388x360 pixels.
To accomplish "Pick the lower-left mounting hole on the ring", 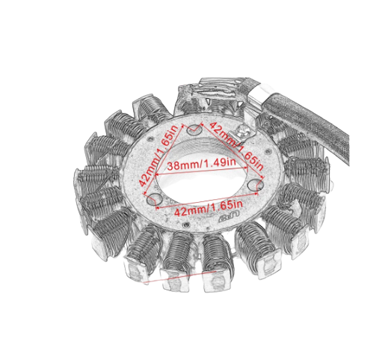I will click(x=155, y=199).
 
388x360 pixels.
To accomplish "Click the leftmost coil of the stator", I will click(x=93, y=180).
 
